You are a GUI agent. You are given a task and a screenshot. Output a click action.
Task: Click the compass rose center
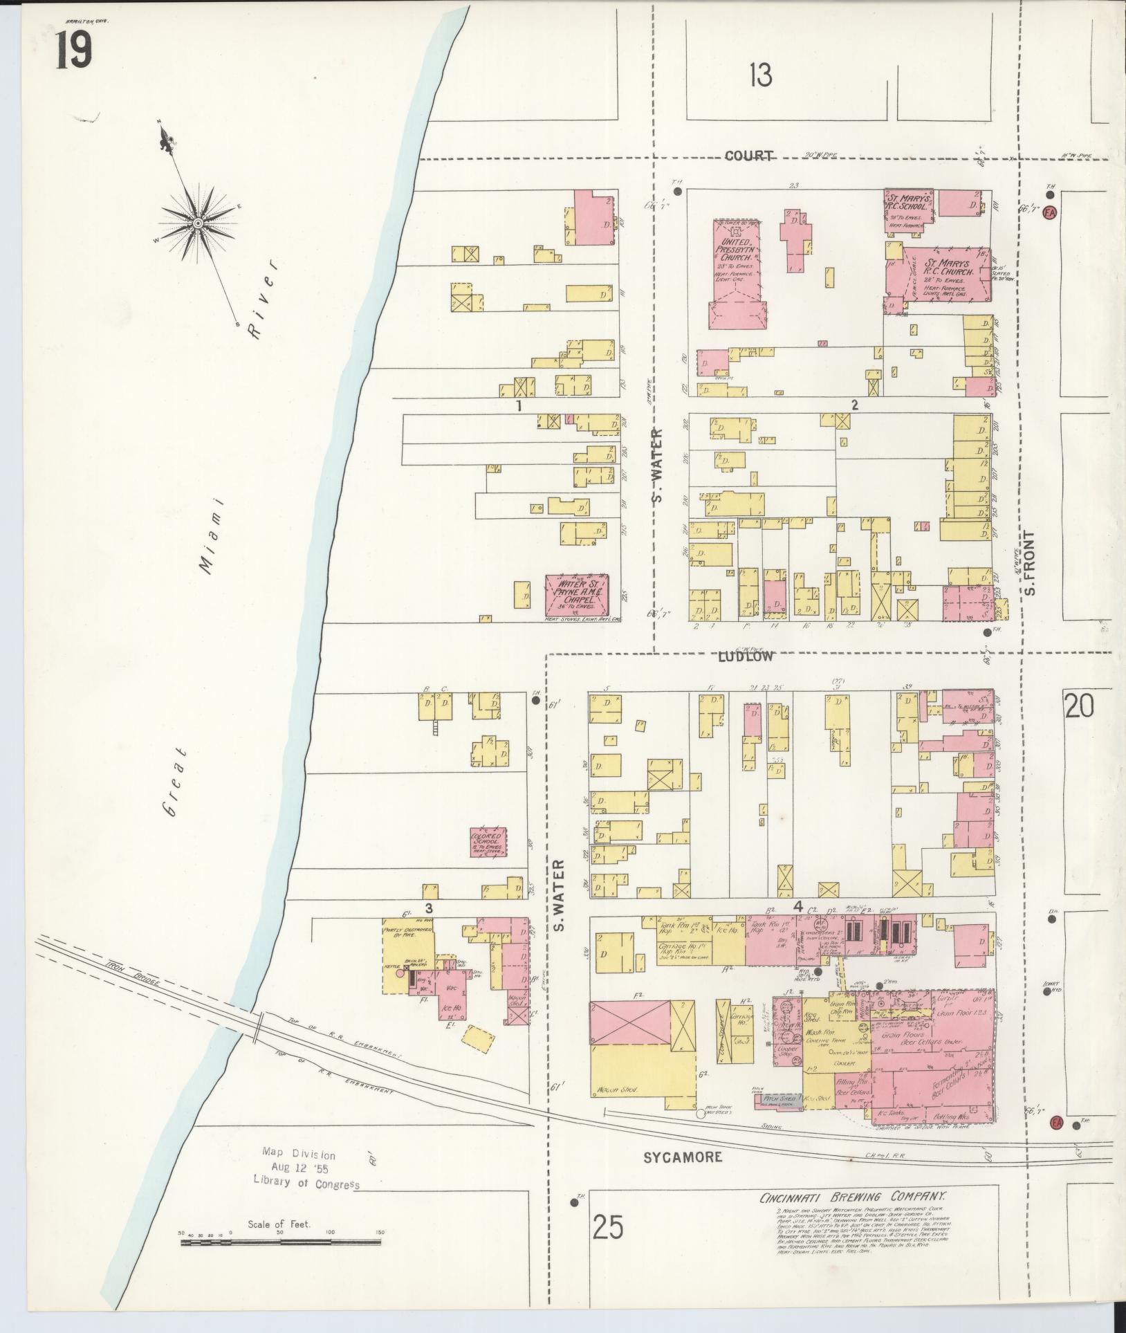coord(198,223)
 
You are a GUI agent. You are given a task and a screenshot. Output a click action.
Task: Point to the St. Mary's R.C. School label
coord(907,201)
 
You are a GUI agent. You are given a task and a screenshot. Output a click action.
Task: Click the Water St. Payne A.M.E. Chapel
coord(577,594)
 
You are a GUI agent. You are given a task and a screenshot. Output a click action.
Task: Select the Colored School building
coord(490,842)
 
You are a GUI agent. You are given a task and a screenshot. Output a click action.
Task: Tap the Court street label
coord(749,156)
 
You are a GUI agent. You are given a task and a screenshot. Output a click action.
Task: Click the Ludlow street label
coord(744,656)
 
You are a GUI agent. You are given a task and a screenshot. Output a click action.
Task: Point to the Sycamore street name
coord(683,1157)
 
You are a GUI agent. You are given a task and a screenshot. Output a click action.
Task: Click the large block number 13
coord(760,75)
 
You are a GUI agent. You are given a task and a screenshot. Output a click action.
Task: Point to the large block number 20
coord(1079,707)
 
